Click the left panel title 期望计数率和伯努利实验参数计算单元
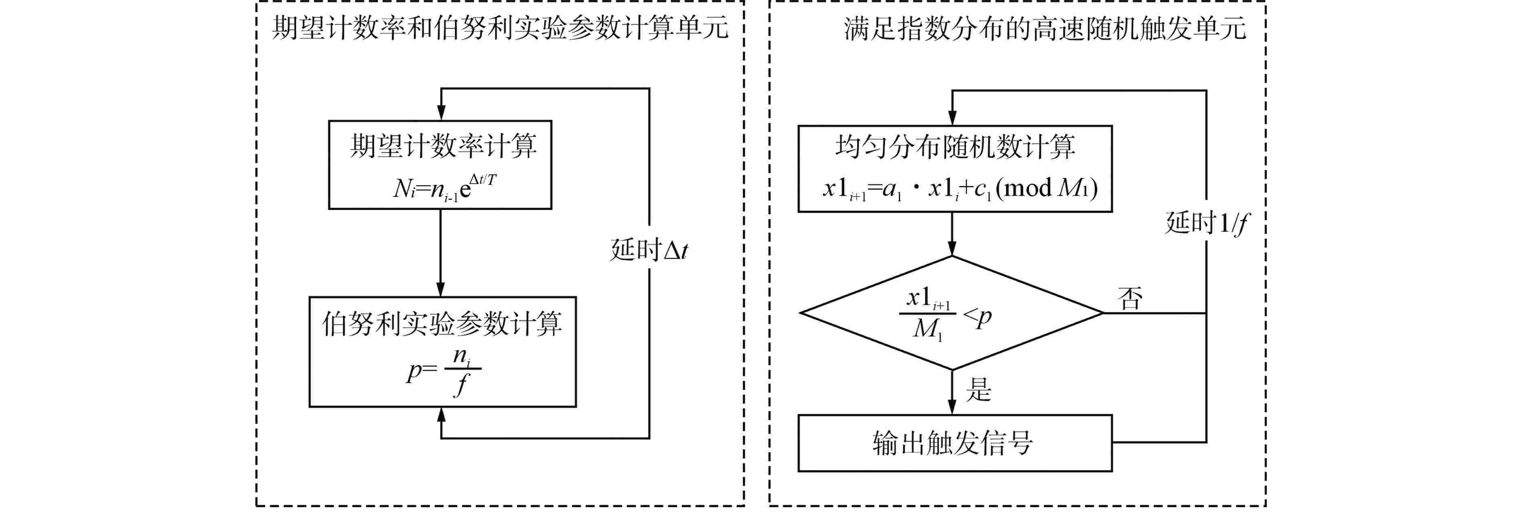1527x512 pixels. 500,28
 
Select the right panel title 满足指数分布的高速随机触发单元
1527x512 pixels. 1045,28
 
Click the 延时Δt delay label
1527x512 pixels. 649,250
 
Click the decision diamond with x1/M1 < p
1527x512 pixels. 951,313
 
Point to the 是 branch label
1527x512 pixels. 978,390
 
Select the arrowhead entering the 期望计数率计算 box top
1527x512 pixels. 441,113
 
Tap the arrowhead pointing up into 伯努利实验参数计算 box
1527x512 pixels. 441,414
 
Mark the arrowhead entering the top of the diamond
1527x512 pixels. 952,249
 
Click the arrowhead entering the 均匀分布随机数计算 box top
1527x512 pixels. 952,118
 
